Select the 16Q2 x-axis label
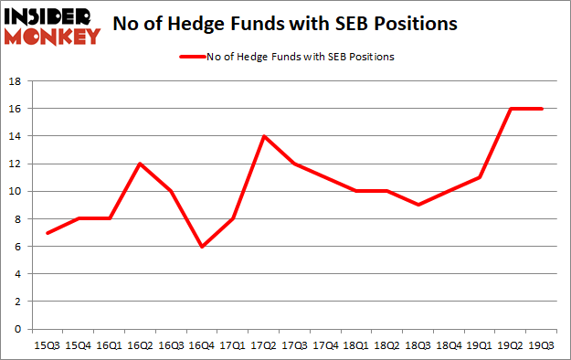pyautogui.click(x=139, y=345)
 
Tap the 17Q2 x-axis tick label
pyautogui.click(x=264, y=345)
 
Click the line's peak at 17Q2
pyautogui.click(x=264, y=136)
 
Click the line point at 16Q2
pyautogui.click(x=140, y=164)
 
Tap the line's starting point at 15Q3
pyautogui.click(x=47, y=232)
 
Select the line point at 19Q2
pyautogui.click(x=510, y=109)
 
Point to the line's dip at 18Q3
pyautogui.click(x=418, y=205)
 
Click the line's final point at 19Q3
pyautogui.click(x=541, y=109)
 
